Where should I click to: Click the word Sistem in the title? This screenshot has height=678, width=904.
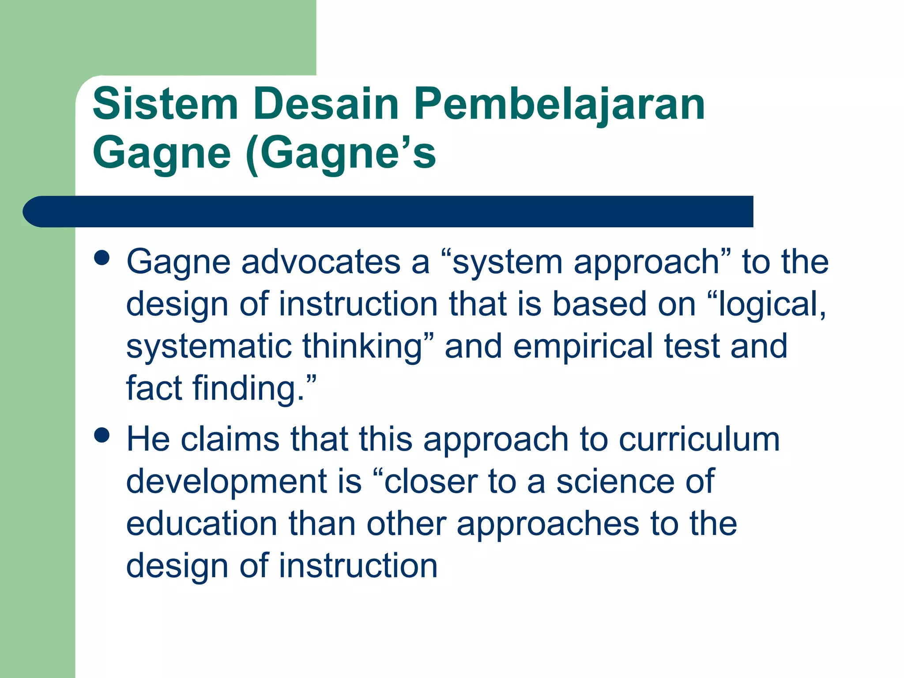tap(166, 104)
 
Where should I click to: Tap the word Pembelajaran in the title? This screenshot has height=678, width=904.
tap(559, 105)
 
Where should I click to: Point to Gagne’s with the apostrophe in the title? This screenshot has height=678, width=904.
tap(348, 153)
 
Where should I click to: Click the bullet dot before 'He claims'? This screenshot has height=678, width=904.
tap(102, 435)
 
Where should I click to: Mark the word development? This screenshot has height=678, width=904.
tap(226, 482)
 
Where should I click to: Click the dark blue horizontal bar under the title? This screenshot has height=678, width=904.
tap(388, 211)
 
